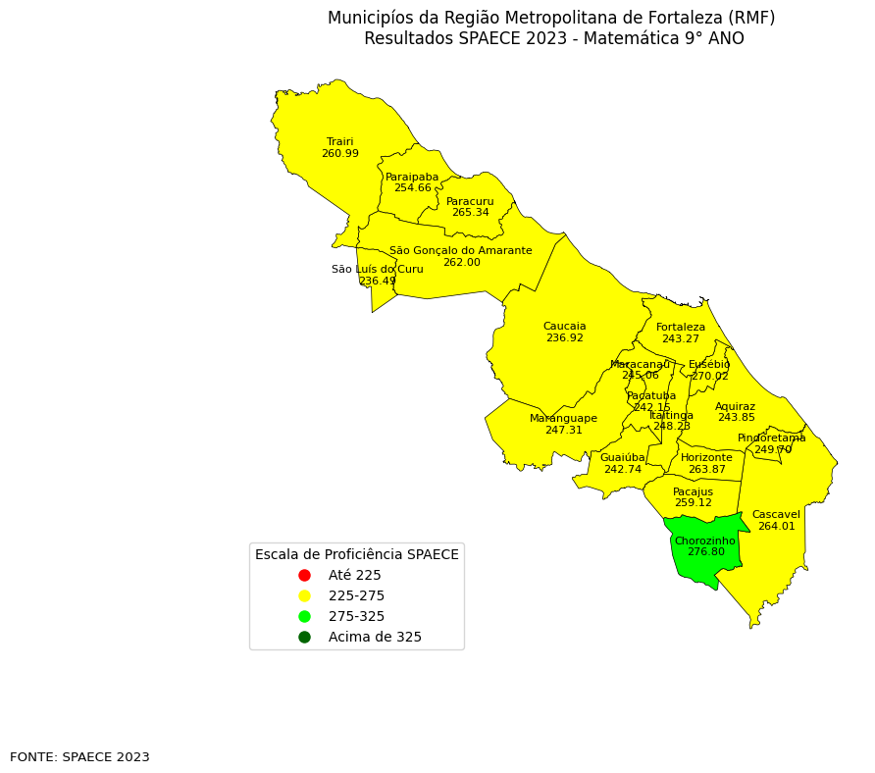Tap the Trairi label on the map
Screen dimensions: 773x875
pyautogui.click(x=339, y=142)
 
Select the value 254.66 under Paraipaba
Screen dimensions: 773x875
pyautogui.click(x=412, y=188)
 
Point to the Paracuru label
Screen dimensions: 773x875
pyautogui.click(x=470, y=201)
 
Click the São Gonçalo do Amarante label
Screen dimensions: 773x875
pyautogui.click(x=460, y=251)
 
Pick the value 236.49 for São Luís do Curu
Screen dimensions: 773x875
pyautogui.click(x=377, y=282)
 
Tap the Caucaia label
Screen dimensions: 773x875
pyautogui.click(x=564, y=327)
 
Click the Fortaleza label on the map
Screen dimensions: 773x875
pyautogui.click(x=681, y=328)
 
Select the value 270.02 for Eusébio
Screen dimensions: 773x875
pyautogui.click(x=709, y=377)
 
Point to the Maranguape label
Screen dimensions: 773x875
pyautogui.click(x=563, y=419)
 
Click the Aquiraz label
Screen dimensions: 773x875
pyautogui.click(x=735, y=407)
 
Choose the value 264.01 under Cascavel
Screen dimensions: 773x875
pyautogui.click(x=776, y=527)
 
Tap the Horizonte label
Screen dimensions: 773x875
pyautogui.click(x=706, y=458)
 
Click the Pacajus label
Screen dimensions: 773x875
pyautogui.click(x=693, y=492)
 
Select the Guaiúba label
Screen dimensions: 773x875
pyautogui.click(x=622, y=458)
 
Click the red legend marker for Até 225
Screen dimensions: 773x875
pyautogui.click(x=304, y=576)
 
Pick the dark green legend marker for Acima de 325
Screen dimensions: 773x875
pyautogui.click(x=304, y=638)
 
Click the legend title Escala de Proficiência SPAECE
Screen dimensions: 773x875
pyautogui.click(x=356, y=555)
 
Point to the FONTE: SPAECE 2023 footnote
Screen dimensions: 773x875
pyautogui.click(x=79, y=757)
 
